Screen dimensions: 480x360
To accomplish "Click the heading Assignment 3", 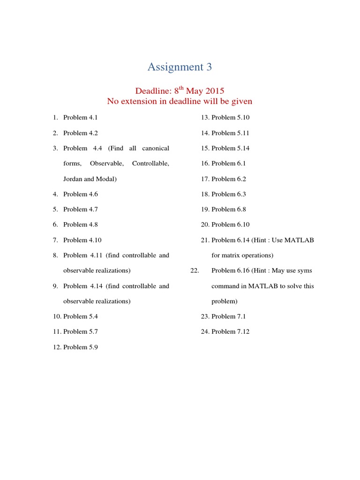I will [180, 67].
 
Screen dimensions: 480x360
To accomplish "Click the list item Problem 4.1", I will [81, 118].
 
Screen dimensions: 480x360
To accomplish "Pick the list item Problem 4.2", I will [81, 133].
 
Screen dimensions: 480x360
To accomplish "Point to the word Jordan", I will [74, 179].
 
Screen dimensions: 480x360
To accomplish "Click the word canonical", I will [156, 148].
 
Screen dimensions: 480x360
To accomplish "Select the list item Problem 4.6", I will [81, 194].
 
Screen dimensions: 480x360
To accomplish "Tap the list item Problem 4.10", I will [82, 240].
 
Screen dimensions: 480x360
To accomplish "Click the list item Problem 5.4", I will [81, 316].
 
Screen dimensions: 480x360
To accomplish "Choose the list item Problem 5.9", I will [81, 347].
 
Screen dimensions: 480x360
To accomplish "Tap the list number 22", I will [195, 270].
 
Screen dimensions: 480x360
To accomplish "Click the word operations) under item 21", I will [257, 255].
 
